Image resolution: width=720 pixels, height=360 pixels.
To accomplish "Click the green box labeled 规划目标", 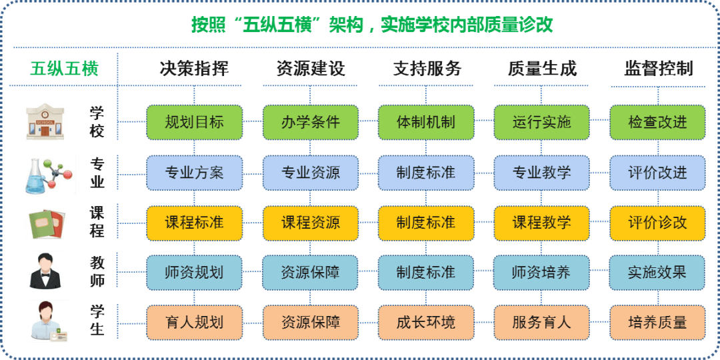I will coord(194,122).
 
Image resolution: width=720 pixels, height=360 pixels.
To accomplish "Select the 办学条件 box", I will coord(310,122).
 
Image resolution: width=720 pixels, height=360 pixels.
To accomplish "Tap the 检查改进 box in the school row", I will coord(657,122).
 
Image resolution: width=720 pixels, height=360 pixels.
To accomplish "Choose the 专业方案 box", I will coord(194,173).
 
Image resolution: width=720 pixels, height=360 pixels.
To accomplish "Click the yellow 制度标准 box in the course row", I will coord(425,223).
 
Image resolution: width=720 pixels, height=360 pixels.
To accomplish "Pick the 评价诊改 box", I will coord(657,223).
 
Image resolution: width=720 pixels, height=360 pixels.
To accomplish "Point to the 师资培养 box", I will coord(541,273).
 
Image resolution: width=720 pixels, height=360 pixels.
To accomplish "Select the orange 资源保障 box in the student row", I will coord(310,323).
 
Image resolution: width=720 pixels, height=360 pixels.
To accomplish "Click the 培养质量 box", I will coord(657,323).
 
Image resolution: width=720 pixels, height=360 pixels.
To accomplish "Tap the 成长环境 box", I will coord(425,323).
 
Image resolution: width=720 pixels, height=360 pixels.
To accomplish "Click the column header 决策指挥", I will coord(194,69).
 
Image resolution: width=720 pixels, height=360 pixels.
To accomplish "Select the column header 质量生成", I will coord(541,69).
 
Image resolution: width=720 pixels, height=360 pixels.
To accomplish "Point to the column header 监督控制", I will coord(658,69).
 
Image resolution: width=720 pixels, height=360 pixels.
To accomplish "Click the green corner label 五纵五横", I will coord(64,69).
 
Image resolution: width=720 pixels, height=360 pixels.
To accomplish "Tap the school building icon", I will coord(47,121).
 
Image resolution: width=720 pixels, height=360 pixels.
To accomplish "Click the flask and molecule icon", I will coord(47,175).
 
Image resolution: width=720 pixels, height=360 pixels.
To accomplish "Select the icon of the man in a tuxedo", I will coord(46,270).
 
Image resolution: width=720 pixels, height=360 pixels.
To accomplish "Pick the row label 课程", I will coord(97,223).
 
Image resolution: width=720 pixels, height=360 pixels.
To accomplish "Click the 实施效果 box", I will coord(657,273).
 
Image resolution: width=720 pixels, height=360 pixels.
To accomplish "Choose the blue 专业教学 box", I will coord(541,173).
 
